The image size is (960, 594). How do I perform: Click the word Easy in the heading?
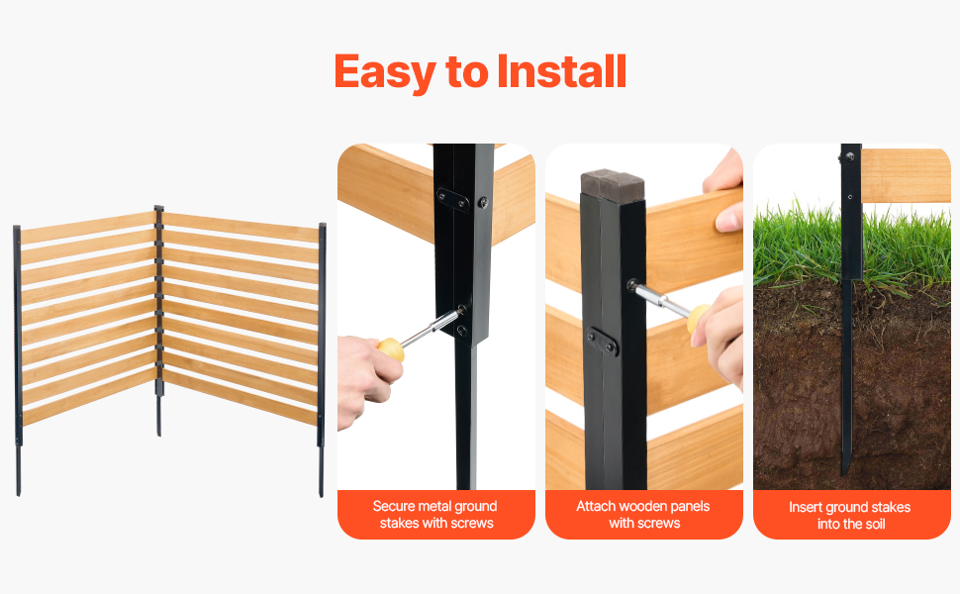384,72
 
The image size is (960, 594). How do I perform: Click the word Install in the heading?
561,71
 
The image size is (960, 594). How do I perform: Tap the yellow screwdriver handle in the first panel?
391,349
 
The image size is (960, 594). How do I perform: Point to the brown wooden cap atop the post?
613,183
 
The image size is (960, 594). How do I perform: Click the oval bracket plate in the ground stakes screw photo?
453,199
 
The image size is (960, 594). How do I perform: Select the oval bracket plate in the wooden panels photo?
602,342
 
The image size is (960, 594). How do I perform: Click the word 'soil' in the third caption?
873,524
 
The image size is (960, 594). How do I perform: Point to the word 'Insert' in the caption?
805,507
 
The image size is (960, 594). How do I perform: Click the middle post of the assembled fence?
159,320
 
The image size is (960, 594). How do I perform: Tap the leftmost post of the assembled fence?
18,360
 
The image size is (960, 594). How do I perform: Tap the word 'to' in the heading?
466,72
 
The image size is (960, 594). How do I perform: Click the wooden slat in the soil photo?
907,175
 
